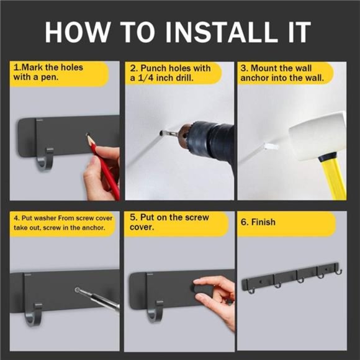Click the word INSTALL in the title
[222, 32]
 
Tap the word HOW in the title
[77, 32]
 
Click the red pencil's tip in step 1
[88, 135]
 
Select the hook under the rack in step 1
[44, 160]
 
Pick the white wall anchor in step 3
[271, 146]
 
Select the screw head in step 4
[78, 290]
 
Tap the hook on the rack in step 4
[34, 315]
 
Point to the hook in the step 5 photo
[155, 312]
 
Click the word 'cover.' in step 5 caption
[142, 227]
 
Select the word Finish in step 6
[263, 222]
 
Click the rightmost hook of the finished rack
[340, 271]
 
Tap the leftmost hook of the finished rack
[251, 291]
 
